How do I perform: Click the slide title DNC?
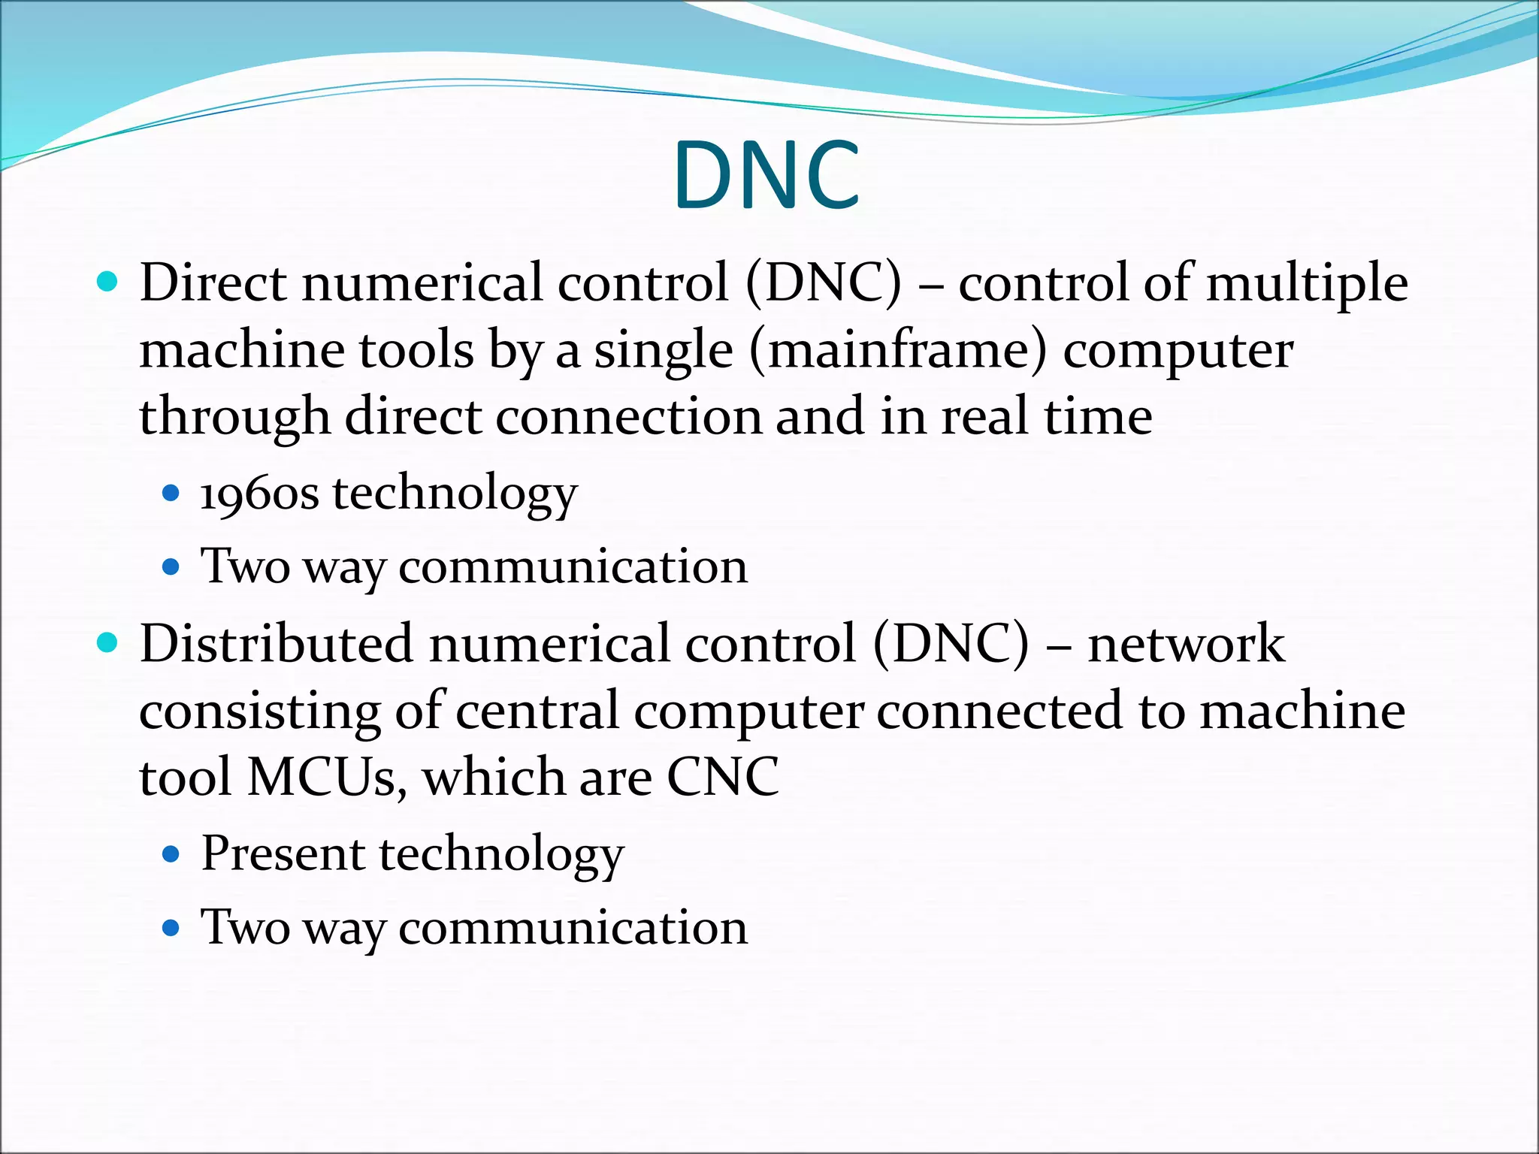point(766,175)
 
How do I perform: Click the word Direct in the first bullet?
point(213,283)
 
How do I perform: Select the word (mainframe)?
point(897,351)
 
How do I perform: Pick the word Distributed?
point(276,644)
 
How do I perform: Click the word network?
point(1186,644)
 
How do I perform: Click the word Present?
point(283,853)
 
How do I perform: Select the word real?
point(984,417)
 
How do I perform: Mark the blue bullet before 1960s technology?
point(171,494)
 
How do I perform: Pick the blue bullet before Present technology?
point(171,854)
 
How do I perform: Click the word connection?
point(628,417)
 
